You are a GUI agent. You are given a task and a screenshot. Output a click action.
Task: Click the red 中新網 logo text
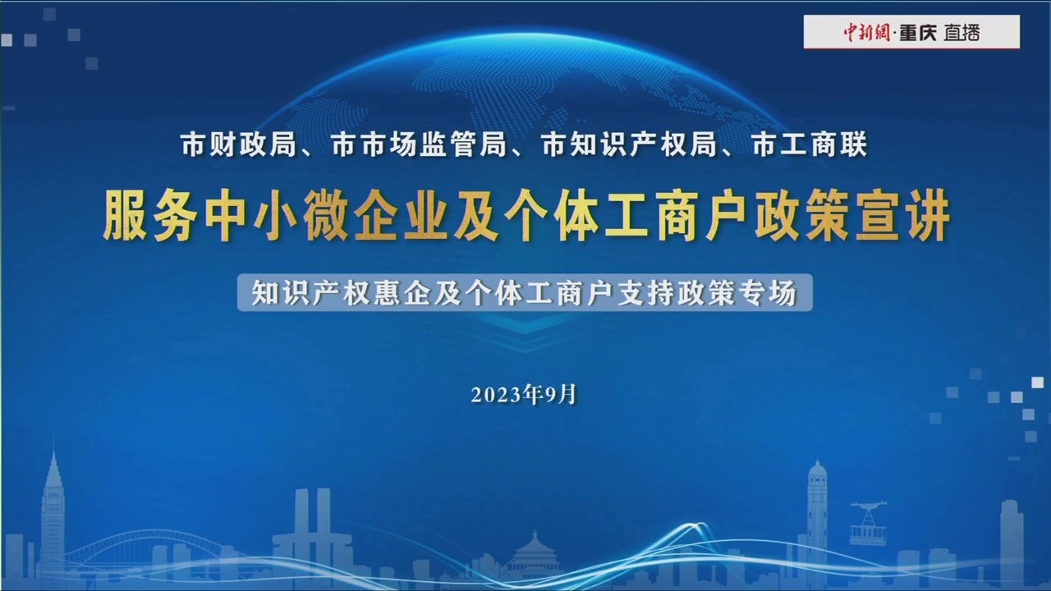click(x=866, y=32)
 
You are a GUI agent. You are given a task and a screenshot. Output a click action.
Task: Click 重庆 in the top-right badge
click(x=918, y=32)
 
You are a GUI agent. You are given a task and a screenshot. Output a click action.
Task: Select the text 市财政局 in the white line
click(x=239, y=145)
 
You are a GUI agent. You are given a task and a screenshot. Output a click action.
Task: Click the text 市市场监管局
click(x=419, y=145)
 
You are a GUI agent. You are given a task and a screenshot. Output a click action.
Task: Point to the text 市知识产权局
click(x=629, y=145)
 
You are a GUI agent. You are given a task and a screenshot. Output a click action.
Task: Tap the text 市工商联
click(x=810, y=145)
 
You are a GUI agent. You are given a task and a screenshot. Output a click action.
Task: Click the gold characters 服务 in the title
click(x=149, y=216)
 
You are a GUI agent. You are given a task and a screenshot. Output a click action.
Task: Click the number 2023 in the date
click(x=497, y=396)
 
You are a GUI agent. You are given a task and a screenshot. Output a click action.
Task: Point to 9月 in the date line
click(x=560, y=395)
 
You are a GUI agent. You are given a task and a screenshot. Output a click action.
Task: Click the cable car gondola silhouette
click(x=869, y=523)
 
